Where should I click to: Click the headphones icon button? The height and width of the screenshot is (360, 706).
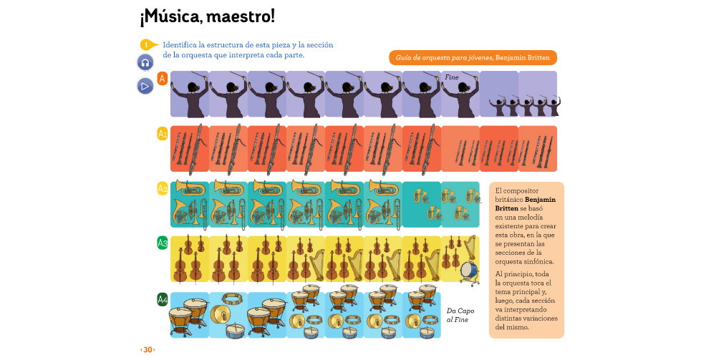tap(145, 62)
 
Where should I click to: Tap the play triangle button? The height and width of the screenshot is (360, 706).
tap(145, 86)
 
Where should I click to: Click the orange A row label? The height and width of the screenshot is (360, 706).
tap(163, 78)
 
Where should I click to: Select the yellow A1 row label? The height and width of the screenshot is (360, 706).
tap(163, 133)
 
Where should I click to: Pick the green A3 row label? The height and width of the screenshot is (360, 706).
tap(163, 243)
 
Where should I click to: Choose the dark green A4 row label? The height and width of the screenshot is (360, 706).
tap(163, 299)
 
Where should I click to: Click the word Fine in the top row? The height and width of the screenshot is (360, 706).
tap(451, 77)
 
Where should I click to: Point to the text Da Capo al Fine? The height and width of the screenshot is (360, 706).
tap(460, 315)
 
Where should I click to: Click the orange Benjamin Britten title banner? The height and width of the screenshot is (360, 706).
tap(473, 57)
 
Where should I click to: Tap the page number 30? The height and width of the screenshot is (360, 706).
tap(148, 349)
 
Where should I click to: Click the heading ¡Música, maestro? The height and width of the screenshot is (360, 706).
tap(207, 16)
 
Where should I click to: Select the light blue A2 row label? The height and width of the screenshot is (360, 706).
tap(163, 189)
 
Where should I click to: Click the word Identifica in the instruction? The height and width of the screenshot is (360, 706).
tap(182, 44)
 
